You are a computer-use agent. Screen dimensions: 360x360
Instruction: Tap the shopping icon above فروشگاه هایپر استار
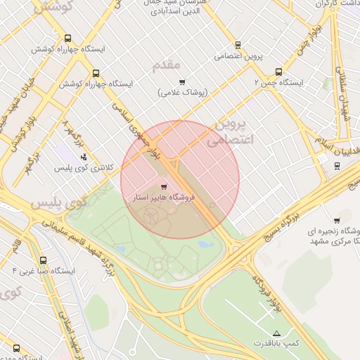[x=164, y=187]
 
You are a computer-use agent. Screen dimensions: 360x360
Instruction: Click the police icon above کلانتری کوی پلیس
[x=84, y=157]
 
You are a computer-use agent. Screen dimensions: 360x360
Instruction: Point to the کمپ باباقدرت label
[x=277, y=343]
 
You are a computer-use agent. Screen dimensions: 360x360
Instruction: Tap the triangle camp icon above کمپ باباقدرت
[x=276, y=332]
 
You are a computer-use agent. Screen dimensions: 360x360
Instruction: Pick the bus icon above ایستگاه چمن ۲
[x=279, y=71]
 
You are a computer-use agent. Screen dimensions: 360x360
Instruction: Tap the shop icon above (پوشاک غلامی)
[x=182, y=82]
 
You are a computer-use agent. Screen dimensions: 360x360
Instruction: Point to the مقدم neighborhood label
[x=165, y=65]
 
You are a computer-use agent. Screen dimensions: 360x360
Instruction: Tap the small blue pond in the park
[x=206, y=245]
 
